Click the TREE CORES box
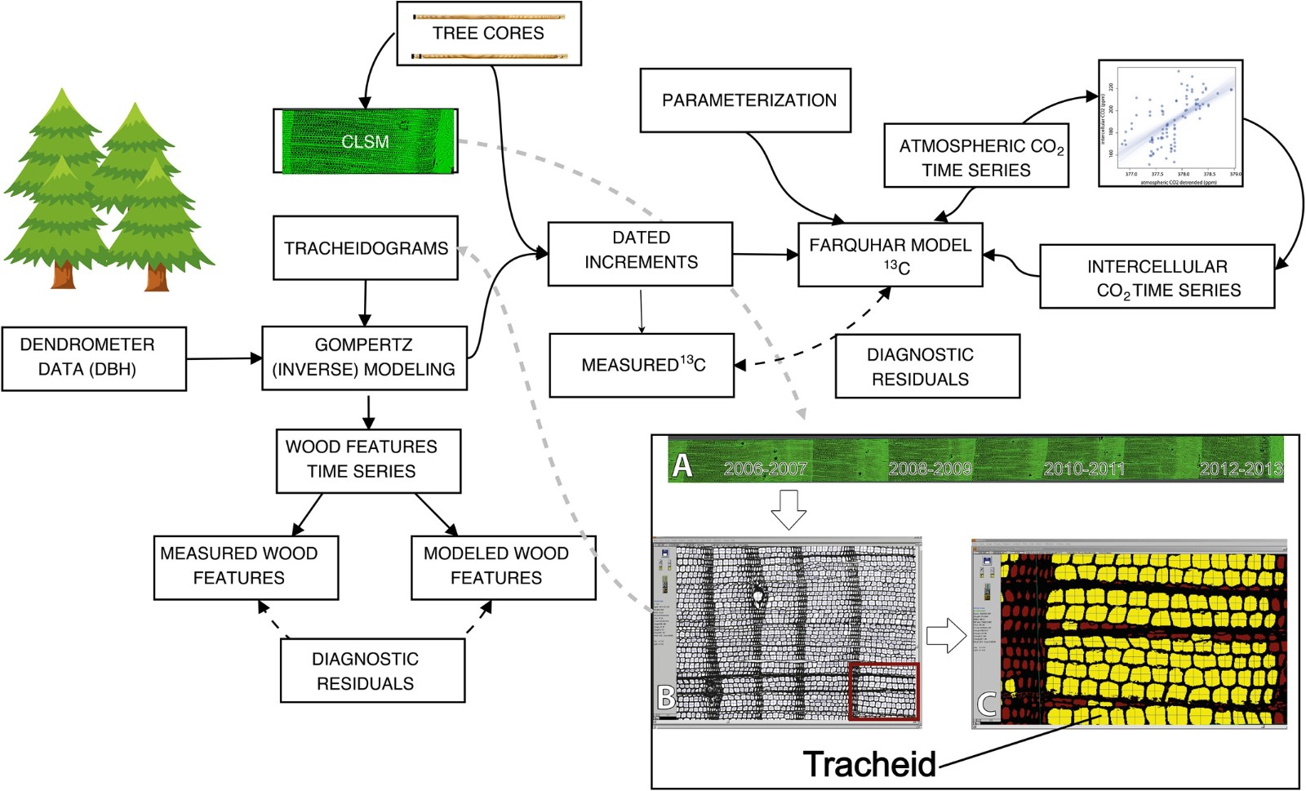coord(488,33)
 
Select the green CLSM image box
coord(365,141)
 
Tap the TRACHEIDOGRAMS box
coord(365,248)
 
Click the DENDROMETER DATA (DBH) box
coord(94,358)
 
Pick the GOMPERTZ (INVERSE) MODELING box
coord(364,358)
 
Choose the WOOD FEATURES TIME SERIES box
coord(368,460)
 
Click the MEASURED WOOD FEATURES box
coord(246,567)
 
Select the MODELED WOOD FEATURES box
coord(503,567)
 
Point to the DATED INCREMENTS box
coord(640,253)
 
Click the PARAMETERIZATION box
coord(745,100)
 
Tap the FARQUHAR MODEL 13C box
coord(890,255)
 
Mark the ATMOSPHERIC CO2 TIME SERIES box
coord(976,157)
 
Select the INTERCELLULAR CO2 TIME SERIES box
coord(1157,277)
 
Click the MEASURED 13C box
coord(642,365)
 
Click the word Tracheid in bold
coord(870,764)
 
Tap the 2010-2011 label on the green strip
coord(1084,469)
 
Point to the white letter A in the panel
coord(682,465)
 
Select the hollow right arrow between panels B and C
coord(946,634)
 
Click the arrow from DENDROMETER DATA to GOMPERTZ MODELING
coord(224,358)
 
